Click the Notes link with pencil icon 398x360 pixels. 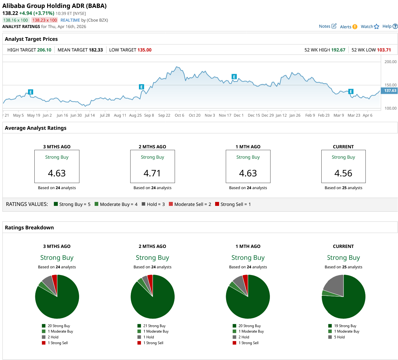point(327,26)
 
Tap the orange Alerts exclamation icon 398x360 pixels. point(355,27)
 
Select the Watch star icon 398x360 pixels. point(376,26)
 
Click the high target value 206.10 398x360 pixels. point(44,50)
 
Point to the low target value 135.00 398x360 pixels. point(145,50)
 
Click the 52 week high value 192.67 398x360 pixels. point(338,50)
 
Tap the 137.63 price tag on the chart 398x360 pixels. point(390,90)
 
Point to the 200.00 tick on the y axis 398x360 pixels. point(390,62)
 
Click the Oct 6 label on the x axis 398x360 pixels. point(180,115)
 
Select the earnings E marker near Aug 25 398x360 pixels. point(141,87)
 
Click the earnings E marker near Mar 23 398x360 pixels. point(351,91)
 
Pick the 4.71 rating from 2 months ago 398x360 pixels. point(152,173)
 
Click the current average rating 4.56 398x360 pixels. point(343,173)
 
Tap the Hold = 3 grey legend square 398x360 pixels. point(143,204)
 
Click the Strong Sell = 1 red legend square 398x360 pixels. point(217,204)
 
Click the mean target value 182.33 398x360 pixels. point(96,50)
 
